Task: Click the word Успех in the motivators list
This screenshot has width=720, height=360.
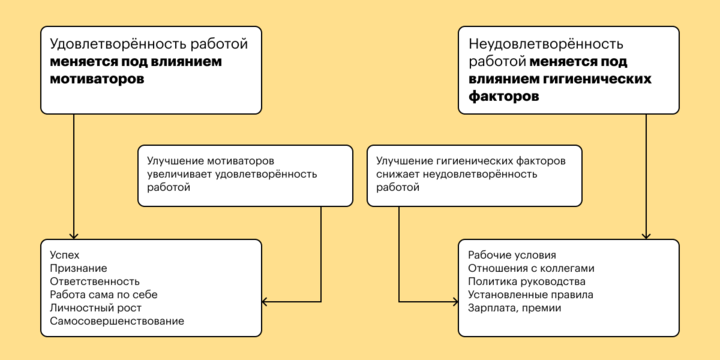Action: click(63, 254)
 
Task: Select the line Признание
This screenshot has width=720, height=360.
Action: click(77, 268)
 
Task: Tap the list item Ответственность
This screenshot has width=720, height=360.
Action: click(94, 281)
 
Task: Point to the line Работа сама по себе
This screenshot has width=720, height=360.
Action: click(103, 295)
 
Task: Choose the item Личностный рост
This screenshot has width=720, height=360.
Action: click(91, 308)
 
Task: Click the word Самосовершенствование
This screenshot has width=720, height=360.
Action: click(116, 321)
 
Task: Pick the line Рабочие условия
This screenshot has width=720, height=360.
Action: click(512, 254)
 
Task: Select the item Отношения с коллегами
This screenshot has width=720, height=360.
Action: click(531, 268)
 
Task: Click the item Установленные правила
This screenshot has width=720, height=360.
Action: click(531, 295)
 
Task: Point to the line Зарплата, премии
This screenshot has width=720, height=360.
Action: click(514, 308)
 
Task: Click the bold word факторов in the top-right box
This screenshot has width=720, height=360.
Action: click(503, 97)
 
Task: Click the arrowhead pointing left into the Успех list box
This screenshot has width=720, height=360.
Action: click(265, 301)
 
